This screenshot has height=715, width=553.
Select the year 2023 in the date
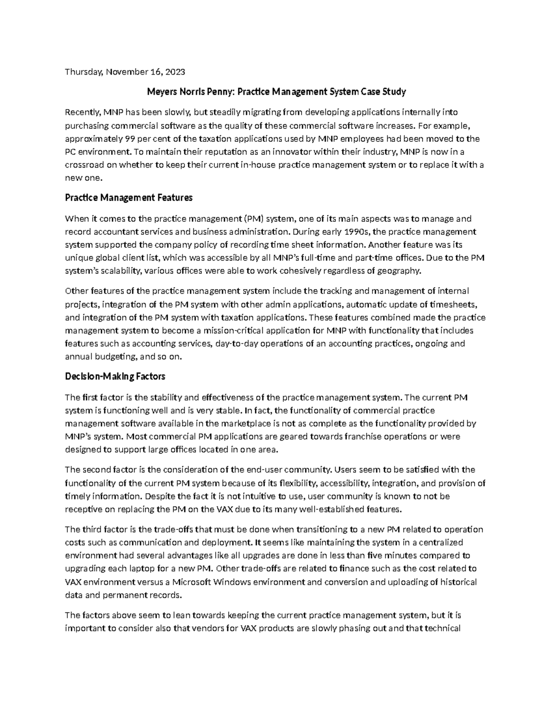[176, 72]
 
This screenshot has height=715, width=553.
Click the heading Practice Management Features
[129, 198]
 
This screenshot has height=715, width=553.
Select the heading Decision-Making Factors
[115, 377]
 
